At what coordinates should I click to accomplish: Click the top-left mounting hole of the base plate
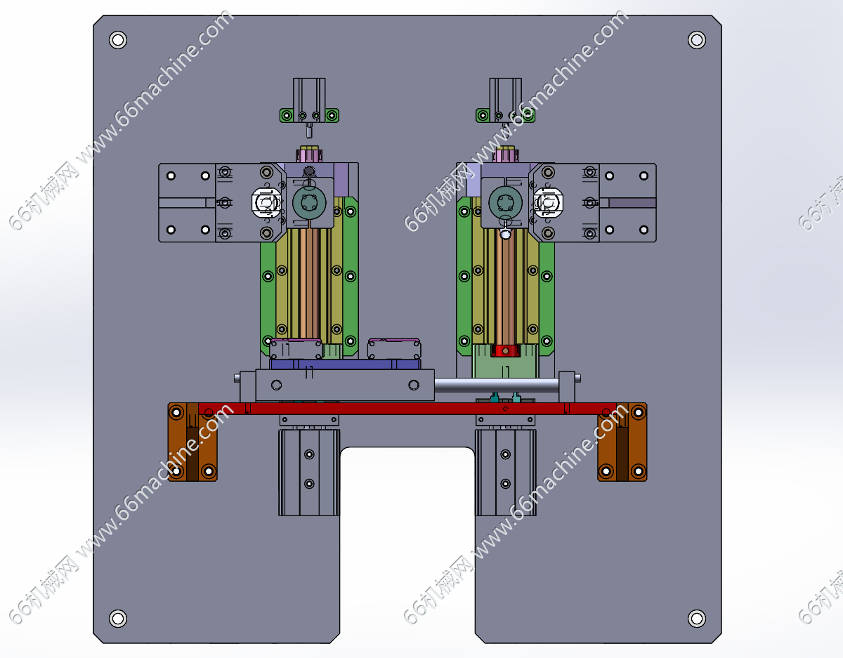point(118,40)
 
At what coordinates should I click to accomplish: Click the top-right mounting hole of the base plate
point(697,40)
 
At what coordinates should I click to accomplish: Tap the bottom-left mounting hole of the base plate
point(118,619)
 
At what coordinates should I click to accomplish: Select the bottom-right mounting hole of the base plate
point(697,619)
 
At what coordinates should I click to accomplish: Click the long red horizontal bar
point(407,409)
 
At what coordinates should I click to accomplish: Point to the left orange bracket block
point(192,442)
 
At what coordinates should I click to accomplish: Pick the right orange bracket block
point(622,442)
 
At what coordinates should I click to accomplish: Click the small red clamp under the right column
point(505,351)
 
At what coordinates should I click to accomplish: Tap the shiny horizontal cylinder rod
point(497,386)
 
